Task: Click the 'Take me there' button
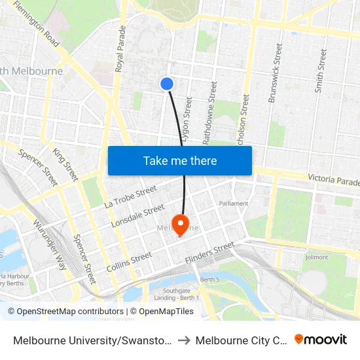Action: click(x=180, y=160)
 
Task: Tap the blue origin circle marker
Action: click(x=167, y=83)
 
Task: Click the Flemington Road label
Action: click(x=37, y=24)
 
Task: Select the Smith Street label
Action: click(x=320, y=69)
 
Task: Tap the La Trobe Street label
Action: click(x=131, y=196)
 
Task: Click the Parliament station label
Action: click(x=234, y=204)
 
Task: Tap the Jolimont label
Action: click(x=316, y=257)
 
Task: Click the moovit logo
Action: click(x=321, y=339)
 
